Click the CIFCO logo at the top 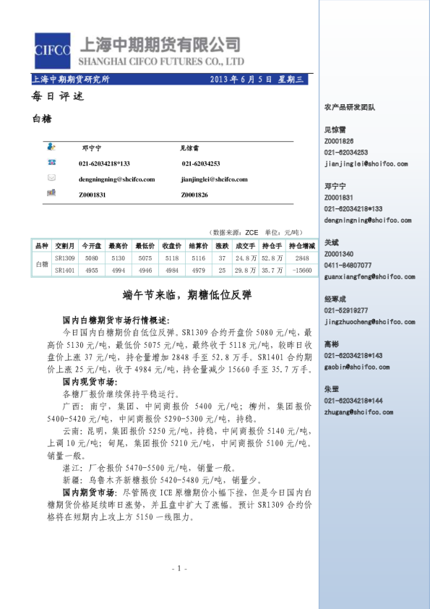pos(52,50)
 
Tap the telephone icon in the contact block pos(52,164)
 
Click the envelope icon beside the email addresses pos(52,178)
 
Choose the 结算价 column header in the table pos(198,247)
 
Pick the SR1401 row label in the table pos(65,270)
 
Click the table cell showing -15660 pos(301,270)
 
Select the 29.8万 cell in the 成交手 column pos(246,270)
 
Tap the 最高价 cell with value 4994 pos(117,270)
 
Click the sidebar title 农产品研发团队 pos(350,107)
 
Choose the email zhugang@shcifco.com pos(358,412)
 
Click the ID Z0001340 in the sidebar pos(339,255)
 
